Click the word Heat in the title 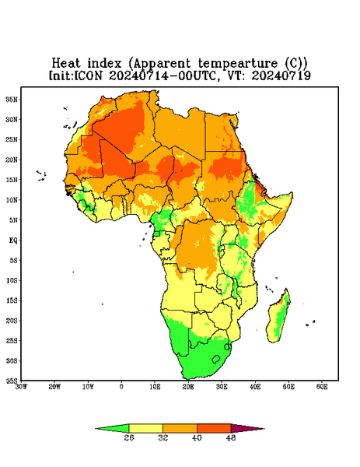click(x=66, y=64)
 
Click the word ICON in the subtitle click(x=88, y=75)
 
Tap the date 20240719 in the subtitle click(x=281, y=75)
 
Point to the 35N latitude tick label click(x=12, y=99)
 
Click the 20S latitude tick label click(x=12, y=321)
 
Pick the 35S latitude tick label click(x=12, y=381)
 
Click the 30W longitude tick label click(x=21, y=387)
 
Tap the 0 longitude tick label click(x=121, y=387)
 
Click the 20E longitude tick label click(x=188, y=387)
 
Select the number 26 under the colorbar click(x=129, y=437)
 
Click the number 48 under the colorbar click(x=231, y=437)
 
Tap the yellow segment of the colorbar click(x=145, y=428)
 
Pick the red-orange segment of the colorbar click(x=214, y=428)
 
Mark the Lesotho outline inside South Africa click(x=216, y=359)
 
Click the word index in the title click(x=104, y=64)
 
